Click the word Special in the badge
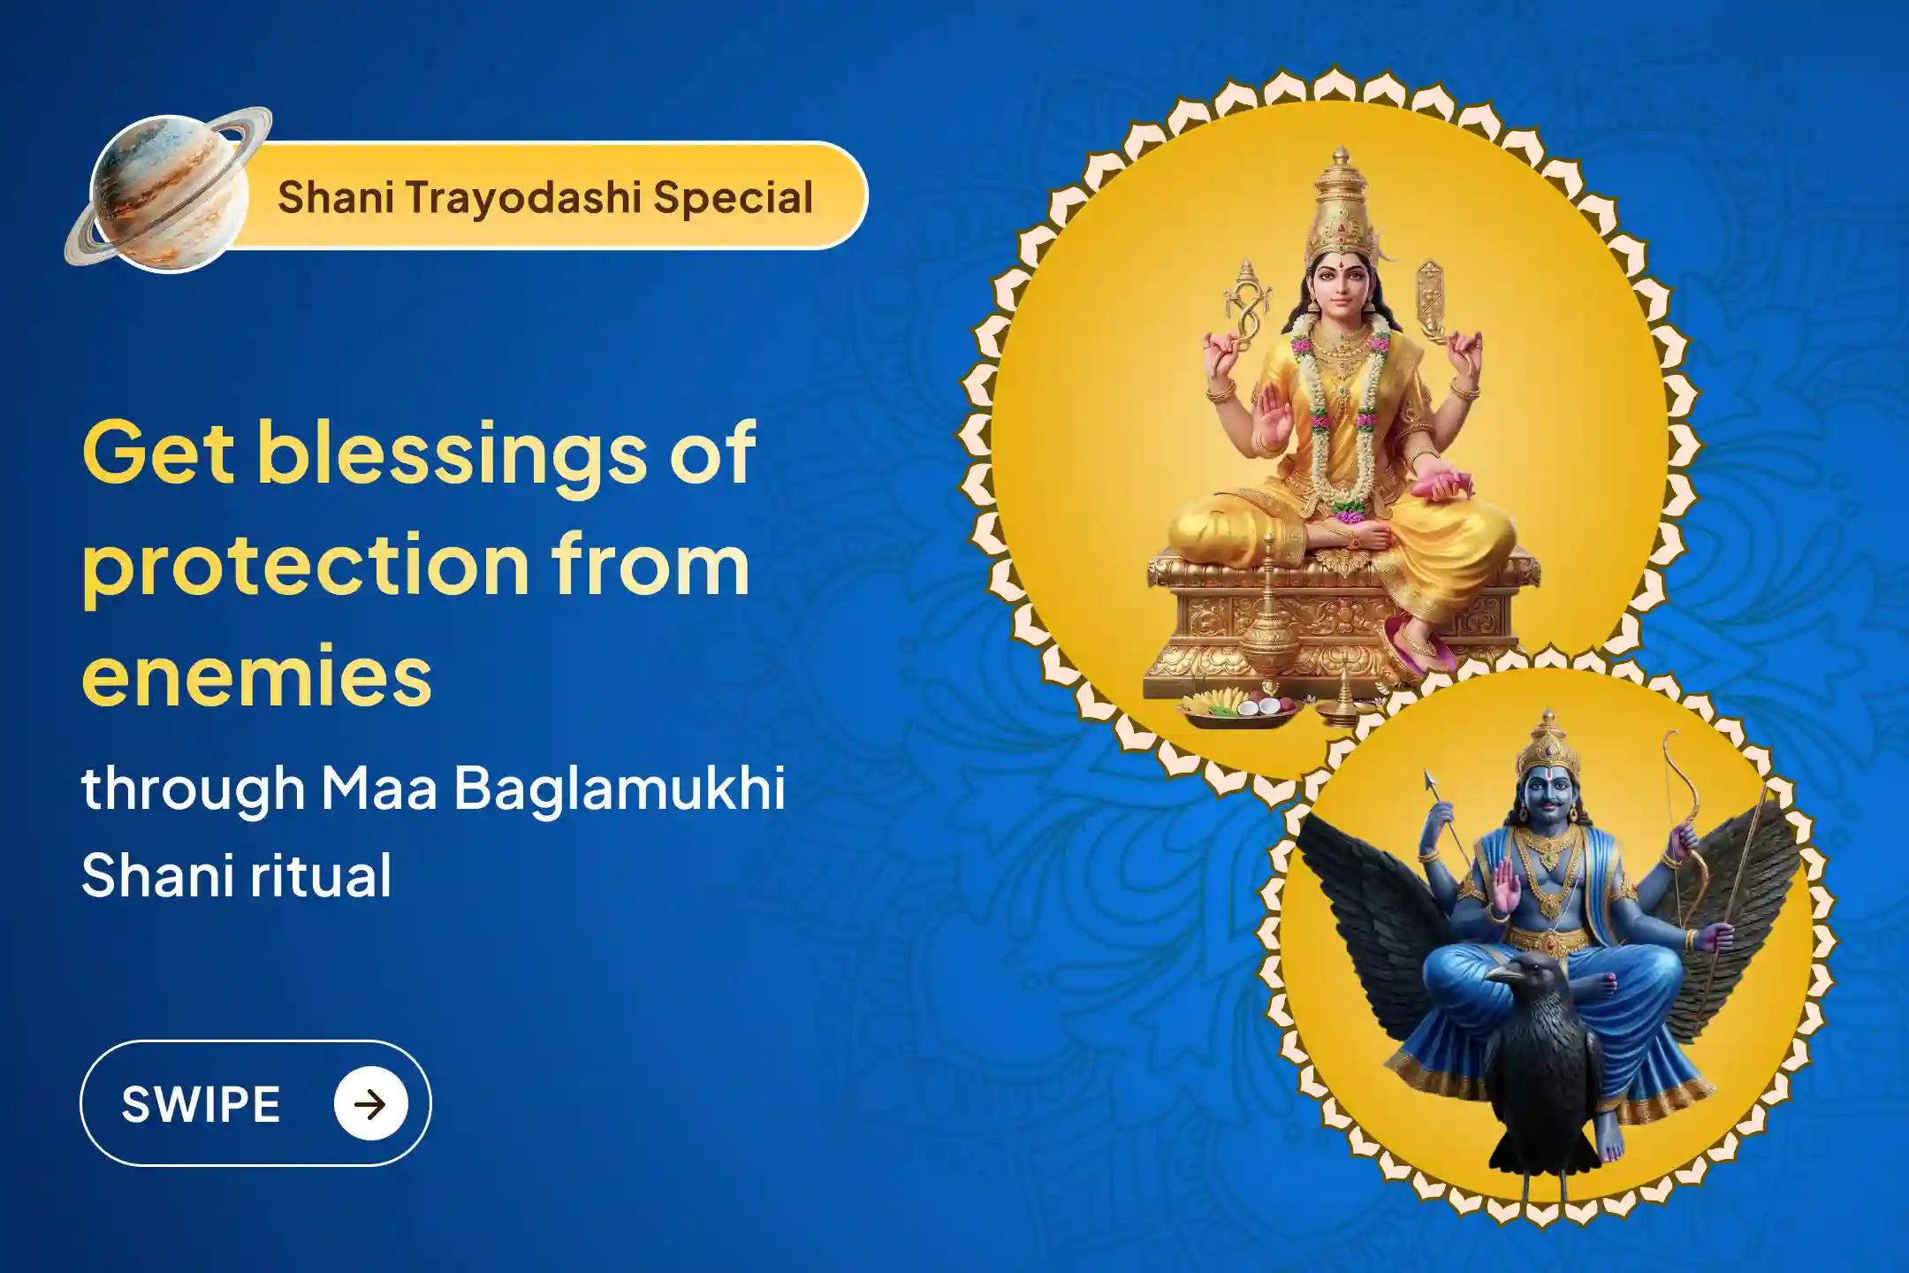733,197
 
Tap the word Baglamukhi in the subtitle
620,789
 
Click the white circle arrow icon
371,1103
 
